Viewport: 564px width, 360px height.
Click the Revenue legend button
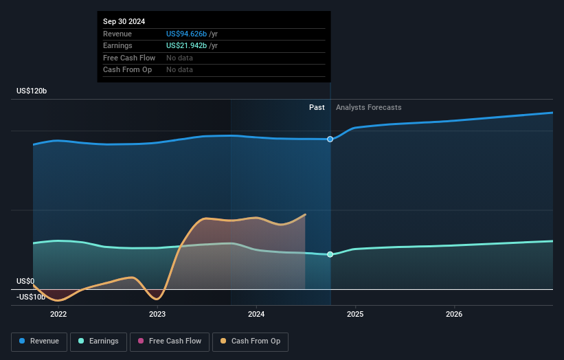tap(39, 341)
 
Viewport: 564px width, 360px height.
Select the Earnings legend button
tap(98, 341)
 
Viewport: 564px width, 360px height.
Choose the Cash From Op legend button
tap(250, 341)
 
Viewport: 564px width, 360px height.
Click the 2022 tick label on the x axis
tap(58, 315)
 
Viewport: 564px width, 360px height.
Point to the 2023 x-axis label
tap(157, 315)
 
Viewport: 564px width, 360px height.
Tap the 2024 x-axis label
tap(256, 315)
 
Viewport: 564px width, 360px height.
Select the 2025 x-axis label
tap(355, 315)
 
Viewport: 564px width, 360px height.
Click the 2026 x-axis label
tap(454, 315)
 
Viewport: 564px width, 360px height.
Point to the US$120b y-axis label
tap(32, 91)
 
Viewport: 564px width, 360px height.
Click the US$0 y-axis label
tap(25, 281)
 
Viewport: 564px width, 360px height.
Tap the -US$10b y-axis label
tap(31, 297)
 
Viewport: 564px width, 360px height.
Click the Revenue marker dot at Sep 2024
tap(330, 139)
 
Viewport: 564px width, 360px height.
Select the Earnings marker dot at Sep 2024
tap(330, 254)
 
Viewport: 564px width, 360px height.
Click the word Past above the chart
tap(317, 107)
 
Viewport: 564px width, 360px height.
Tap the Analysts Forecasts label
tap(368, 107)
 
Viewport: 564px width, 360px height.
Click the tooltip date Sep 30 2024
tap(124, 22)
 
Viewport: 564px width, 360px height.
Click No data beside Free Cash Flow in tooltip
tap(179, 58)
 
